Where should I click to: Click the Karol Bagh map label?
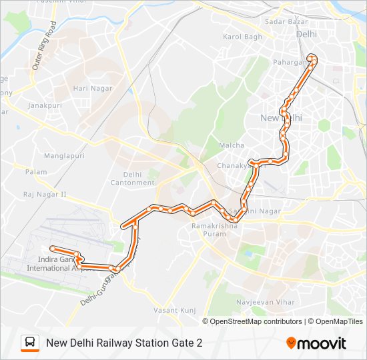pos(242,37)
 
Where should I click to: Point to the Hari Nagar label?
pos(89,88)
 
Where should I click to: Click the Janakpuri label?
pos(44,105)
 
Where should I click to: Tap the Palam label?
pos(36,172)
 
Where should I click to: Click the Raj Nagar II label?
pos(45,195)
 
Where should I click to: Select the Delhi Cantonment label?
pos(132,178)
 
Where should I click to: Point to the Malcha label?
pos(232,145)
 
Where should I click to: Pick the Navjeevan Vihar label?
pos(266,302)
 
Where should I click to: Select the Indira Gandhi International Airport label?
pos(56,263)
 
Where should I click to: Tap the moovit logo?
pos(316,343)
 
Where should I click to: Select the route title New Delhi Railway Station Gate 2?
pos(124,343)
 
